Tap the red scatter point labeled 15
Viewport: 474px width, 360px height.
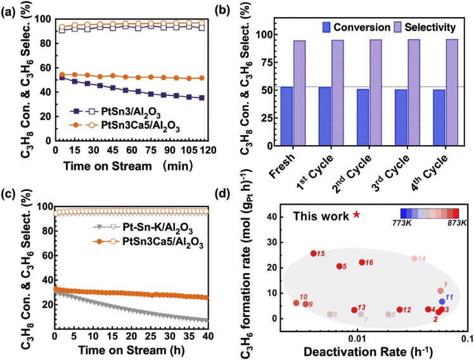pos(314,254)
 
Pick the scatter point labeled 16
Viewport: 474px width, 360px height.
pos(362,262)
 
